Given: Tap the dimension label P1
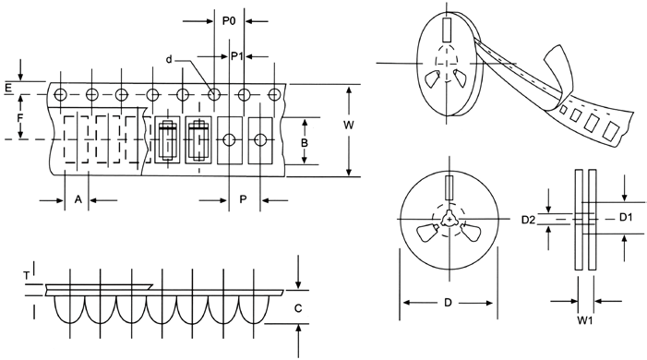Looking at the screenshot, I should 236,55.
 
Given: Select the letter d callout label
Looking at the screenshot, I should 170,59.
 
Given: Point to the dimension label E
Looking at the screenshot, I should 8,88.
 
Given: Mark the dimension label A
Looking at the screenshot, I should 78,199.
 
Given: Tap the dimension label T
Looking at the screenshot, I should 27,274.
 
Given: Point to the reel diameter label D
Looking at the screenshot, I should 447,303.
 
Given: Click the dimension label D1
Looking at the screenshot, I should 625,218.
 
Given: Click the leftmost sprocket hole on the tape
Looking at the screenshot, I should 61,94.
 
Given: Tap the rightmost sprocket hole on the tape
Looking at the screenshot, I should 275,94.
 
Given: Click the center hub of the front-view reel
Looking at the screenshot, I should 448,219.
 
